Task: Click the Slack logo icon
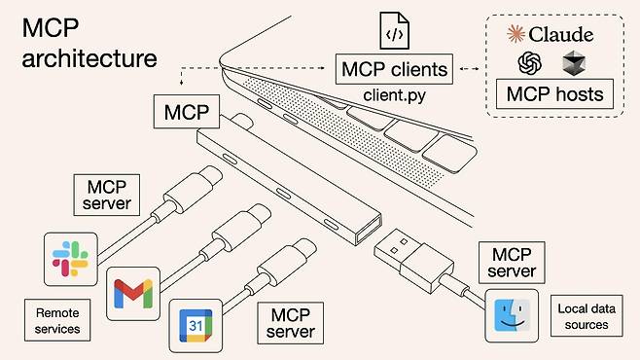[x=69, y=258]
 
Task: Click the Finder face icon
[x=511, y=315]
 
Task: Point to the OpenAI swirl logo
[x=529, y=62]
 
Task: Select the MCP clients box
[x=392, y=69]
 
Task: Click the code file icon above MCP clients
[x=394, y=32]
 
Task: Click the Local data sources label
[x=583, y=316]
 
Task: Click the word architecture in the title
[x=89, y=57]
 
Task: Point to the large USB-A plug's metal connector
[x=398, y=250]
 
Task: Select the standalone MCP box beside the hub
[x=186, y=112]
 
